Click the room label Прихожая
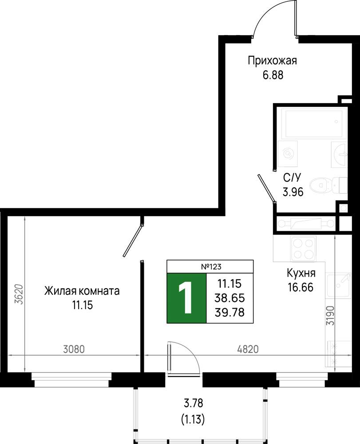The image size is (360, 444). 272,61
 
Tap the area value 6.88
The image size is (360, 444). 273,75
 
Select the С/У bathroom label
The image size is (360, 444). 293,178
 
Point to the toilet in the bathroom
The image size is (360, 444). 328,186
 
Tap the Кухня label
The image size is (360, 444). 301,273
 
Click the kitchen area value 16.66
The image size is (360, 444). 301,287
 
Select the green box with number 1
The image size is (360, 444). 186,298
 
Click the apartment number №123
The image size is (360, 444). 211,266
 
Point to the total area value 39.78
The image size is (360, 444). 229,312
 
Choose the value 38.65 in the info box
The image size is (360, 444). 229,298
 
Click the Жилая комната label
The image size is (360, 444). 82,291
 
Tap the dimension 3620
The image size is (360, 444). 19,294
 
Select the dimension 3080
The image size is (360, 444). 74,349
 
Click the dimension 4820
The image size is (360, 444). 248,349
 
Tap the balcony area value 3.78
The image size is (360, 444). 193,403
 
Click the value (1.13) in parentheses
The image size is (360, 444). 193,419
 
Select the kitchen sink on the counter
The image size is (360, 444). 339,285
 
